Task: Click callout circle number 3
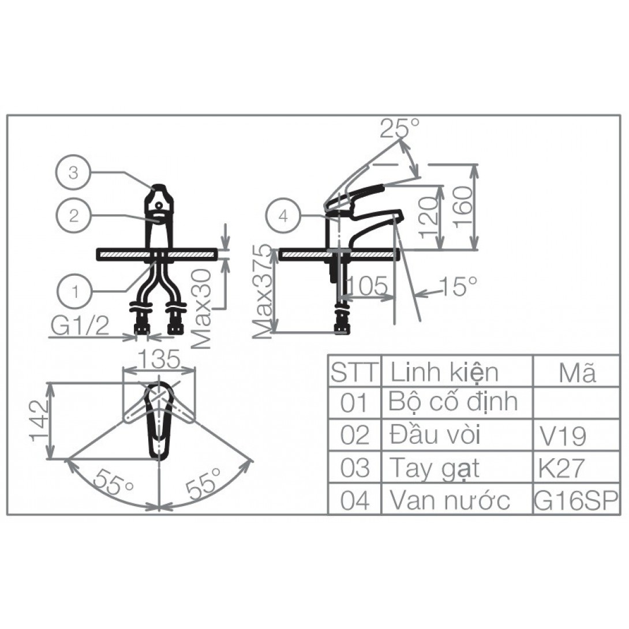coord(73,173)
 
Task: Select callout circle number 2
coord(73,215)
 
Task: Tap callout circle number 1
coord(76,291)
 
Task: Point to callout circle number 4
coord(283,216)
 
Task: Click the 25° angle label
coord(399,128)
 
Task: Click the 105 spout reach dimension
coord(366,286)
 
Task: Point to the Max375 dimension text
coord(263,291)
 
